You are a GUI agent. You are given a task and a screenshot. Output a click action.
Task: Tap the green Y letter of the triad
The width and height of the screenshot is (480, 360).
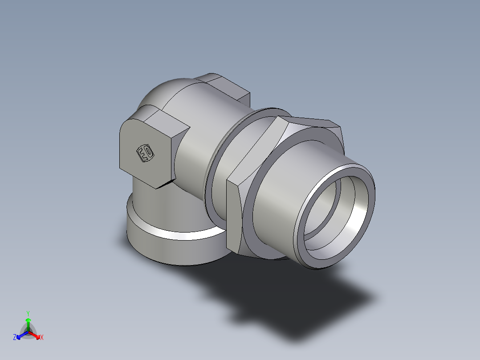point(28,313)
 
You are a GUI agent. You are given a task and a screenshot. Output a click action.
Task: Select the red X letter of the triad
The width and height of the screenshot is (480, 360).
point(42,338)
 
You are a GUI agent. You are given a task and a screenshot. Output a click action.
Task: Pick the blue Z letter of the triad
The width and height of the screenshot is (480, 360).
point(15,338)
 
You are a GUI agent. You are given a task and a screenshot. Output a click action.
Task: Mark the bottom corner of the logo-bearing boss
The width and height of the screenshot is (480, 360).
point(157,187)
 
